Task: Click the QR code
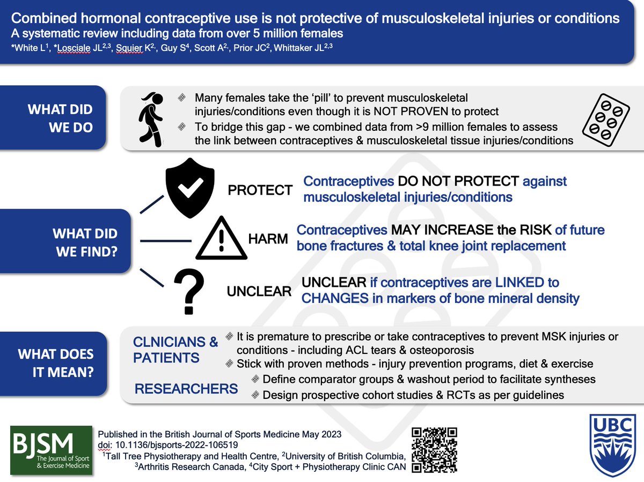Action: [x=434, y=450]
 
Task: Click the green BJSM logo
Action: [x=52, y=450]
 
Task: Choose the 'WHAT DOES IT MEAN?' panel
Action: [x=60, y=363]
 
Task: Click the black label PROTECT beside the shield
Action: [x=260, y=190]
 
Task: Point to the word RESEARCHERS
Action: [x=186, y=388]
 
